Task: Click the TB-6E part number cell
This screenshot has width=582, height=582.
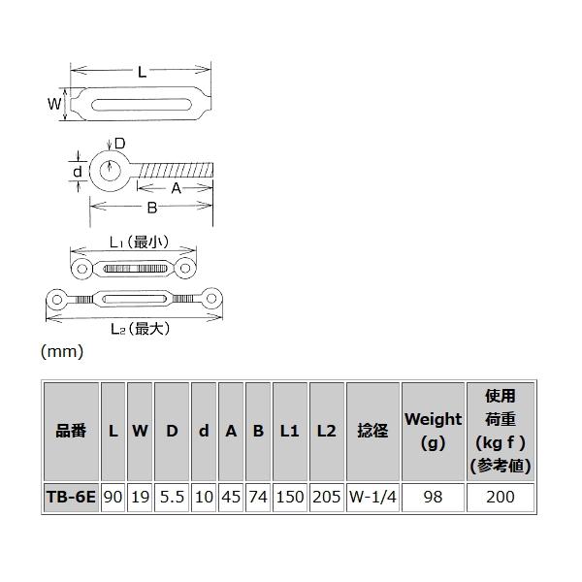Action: pyautogui.click(x=71, y=497)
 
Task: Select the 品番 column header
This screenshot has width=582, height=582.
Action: pyautogui.click(x=71, y=431)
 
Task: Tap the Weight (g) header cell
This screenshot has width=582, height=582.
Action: pyautogui.click(x=433, y=431)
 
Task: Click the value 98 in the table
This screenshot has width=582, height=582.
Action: pyautogui.click(x=433, y=497)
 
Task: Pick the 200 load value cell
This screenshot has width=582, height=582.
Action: pyautogui.click(x=500, y=497)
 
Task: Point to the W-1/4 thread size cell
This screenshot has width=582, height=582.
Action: pyautogui.click(x=372, y=497)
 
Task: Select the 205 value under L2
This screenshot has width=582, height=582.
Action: pyautogui.click(x=327, y=497)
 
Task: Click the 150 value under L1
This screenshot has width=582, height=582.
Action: pyautogui.click(x=289, y=497)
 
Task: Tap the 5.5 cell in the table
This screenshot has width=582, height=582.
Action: pyautogui.click(x=172, y=497)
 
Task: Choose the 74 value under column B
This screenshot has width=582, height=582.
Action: pyautogui.click(x=258, y=497)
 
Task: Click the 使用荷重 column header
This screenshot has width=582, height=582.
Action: pyautogui.click(x=500, y=431)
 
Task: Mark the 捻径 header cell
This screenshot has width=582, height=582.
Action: pyautogui.click(x=372, y=431)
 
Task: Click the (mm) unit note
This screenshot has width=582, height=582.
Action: pyautogui.click(x=62, y=352)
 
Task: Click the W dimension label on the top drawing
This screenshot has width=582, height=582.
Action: pyautogui.click(x=55, y=103)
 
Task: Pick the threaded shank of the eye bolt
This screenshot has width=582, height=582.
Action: pyautogui.click(x=175, y=172)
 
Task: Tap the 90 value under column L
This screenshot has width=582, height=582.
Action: pyautogui.click(x=113, y=497)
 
